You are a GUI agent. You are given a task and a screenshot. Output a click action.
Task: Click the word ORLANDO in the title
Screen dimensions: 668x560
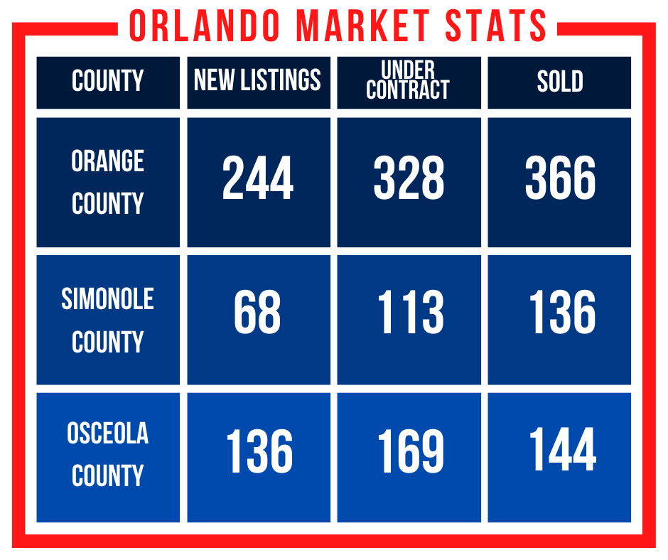(x=205, y=26)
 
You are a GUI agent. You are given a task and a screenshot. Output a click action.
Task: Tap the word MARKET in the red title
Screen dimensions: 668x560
(x=363, y=26)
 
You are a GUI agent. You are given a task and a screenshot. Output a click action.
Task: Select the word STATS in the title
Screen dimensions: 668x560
(x=495, y=26)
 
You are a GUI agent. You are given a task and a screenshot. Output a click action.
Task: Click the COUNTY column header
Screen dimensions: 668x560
(x=108, y=80)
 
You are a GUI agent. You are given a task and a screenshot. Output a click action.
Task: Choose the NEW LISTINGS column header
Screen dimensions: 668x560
(x=257, y=80)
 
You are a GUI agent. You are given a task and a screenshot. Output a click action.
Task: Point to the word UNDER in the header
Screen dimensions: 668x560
(x=408, y=70)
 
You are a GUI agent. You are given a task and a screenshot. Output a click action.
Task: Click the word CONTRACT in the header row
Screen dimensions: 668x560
(x=408, y=90)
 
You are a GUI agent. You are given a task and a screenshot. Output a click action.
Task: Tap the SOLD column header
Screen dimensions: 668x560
(x=560, y=81)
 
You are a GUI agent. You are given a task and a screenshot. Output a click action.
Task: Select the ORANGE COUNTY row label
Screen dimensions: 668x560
(x=108, y=182)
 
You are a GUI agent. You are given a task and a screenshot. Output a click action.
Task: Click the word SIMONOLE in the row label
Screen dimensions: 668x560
(x=108, y=298)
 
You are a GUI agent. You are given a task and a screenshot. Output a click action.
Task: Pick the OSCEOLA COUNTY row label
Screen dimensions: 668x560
(x=108, y=454)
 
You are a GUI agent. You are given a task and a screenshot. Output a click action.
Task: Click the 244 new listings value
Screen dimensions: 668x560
(x=258, y=177)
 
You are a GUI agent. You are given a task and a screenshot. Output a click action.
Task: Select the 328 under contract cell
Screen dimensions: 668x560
(x=409, y=177)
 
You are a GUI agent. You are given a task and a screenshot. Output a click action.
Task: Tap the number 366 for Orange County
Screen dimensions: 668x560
(x=560, y=177)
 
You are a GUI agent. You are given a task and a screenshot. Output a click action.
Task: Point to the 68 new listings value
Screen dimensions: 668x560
(x=257, y=312)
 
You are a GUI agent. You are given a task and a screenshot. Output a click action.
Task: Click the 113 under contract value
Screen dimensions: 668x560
(x=411, y=312)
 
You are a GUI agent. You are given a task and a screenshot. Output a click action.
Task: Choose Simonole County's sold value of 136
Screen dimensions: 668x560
(x=562, y=312)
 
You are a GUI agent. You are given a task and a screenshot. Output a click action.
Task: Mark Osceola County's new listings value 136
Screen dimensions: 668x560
(x=260, y=451)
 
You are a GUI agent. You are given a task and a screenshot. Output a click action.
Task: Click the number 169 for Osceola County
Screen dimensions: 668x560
(x=411, y=451)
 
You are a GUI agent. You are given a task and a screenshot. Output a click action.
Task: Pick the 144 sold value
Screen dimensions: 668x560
(x=563, y=449)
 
